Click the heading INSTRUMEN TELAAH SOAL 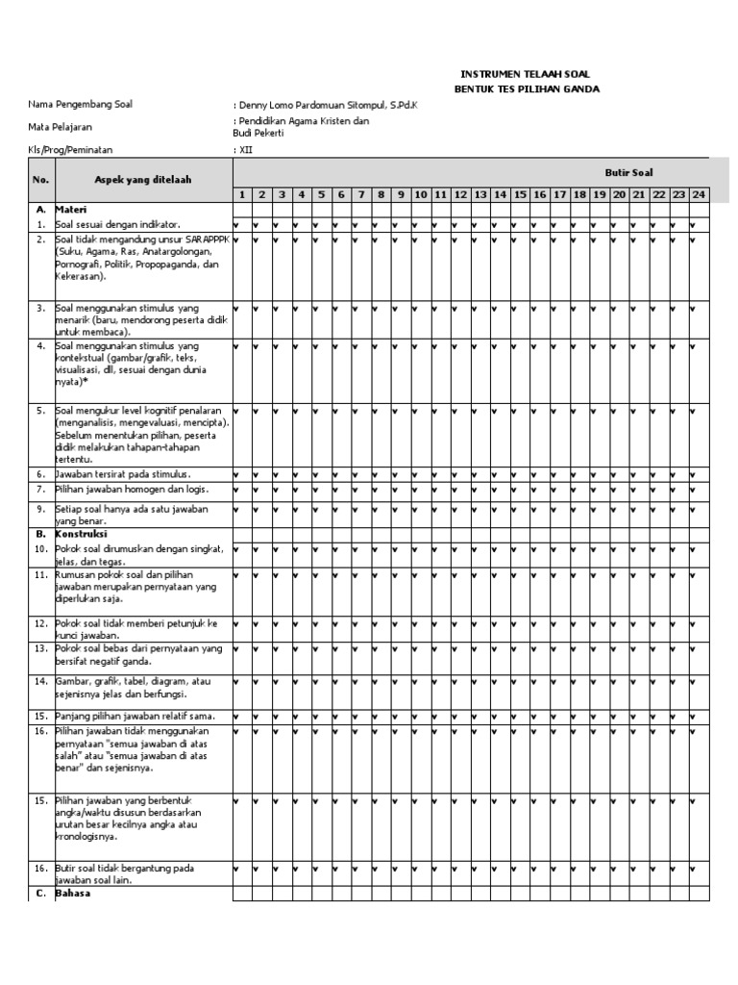click(526, 74)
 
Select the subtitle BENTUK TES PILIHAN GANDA click(526, 89)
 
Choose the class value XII click(246, 151)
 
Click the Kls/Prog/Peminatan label click(70, 151)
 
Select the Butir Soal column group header click(628, 172)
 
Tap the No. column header click(40, 180)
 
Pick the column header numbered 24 click(699, 195)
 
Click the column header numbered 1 click(242, 195)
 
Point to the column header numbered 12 click(460, 195)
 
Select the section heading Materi click(71, 209)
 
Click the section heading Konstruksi click(81, 533)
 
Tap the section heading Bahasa click(72, 894)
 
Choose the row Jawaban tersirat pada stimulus click(122, 474)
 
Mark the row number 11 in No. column click(41, 574)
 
